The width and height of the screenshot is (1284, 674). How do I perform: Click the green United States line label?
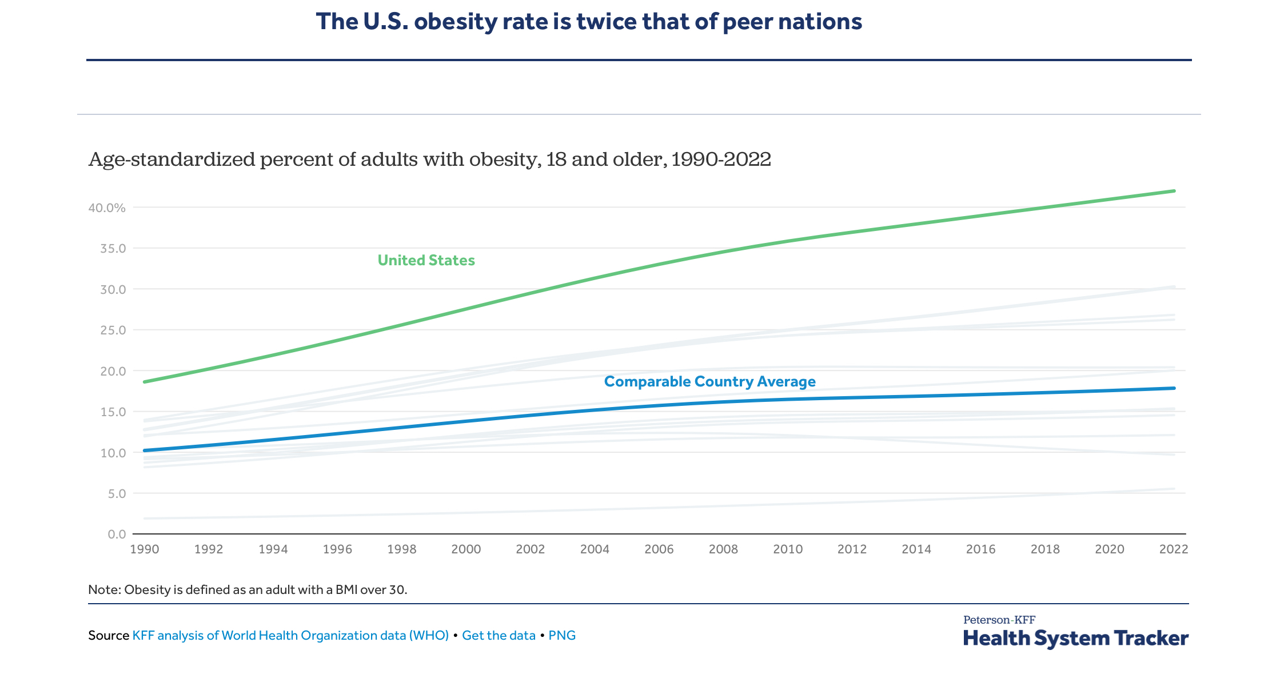point(426,261)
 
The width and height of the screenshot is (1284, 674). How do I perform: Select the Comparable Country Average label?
point(709,382)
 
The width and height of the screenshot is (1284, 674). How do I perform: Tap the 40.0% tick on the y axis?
point(107,208)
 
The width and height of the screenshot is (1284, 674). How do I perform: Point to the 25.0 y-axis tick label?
point(113,330)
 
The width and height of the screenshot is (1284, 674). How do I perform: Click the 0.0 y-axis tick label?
point(116,535)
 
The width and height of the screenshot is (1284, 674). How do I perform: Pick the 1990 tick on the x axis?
point(145,549)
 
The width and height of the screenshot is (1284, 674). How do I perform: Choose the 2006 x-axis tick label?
point(659,549)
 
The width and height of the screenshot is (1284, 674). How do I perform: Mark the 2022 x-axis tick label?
point(1174,549)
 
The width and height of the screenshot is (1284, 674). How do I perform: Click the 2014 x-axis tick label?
point(916,549)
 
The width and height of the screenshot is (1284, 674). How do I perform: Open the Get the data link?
point(499,636)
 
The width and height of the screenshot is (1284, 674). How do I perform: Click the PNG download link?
point(562,636)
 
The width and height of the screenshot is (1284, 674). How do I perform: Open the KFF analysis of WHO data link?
point(290,636)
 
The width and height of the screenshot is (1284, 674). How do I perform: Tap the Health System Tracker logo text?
point(1075,638)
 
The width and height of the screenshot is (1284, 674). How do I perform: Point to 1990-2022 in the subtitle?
point(721,159)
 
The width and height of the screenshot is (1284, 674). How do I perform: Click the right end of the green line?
point(1174,191)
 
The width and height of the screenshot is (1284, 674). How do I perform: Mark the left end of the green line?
point(145,382)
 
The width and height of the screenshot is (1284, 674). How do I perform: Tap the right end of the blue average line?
point(1174,388)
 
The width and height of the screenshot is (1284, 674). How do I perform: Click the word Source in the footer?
point(109,636)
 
